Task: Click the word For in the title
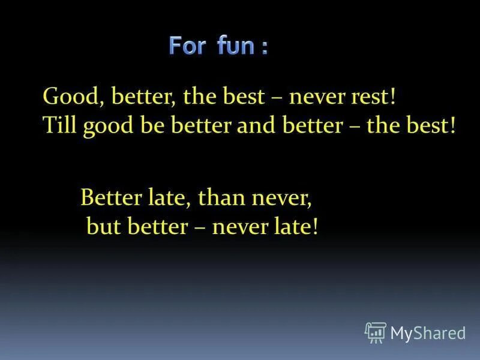(187, 46)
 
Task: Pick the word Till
(60, 127)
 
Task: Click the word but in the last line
(101, 226)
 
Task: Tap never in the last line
(243, 226)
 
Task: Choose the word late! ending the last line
(295, 226)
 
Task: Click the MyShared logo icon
(376, 331)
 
